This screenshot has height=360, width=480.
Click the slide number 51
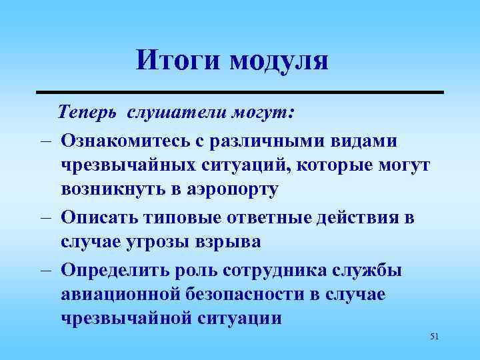coord(435,337)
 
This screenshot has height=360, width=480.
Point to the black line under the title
coord(239,91)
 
